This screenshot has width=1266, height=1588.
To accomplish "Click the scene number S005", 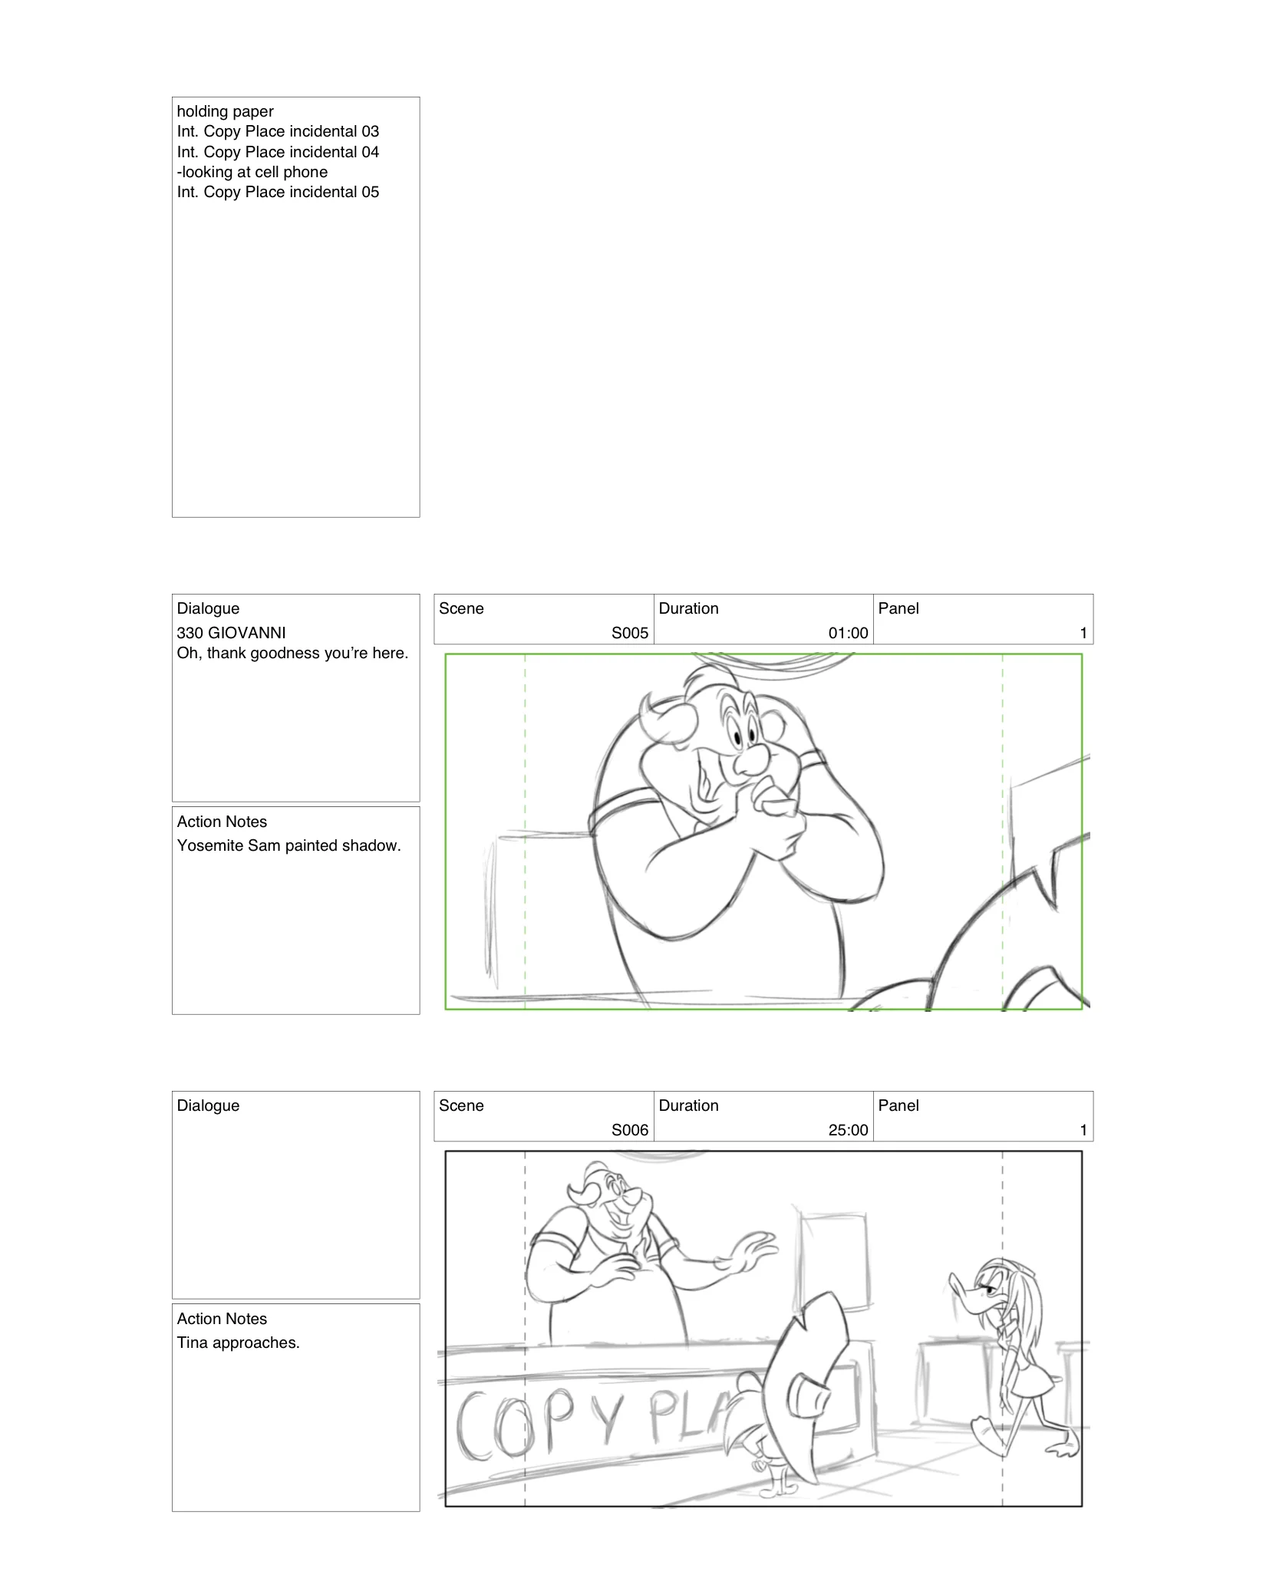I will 629,633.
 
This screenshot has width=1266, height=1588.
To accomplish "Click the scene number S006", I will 629,1130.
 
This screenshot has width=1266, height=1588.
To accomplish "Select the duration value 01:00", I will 848,633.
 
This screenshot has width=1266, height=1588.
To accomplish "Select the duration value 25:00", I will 848,1130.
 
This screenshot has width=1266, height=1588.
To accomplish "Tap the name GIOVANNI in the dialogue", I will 246,633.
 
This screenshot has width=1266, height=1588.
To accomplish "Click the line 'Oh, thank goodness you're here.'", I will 292,653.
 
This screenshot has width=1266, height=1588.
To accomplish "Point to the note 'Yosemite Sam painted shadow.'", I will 288,845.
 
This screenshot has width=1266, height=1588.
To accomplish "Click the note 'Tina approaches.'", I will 238,1343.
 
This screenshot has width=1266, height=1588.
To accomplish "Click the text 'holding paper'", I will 225,111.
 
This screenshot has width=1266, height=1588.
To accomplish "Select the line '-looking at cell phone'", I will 252,172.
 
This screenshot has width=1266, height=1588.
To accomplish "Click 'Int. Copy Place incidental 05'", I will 278,192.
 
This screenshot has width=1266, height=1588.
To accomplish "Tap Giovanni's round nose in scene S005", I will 752,761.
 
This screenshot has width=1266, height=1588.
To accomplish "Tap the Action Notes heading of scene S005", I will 222,822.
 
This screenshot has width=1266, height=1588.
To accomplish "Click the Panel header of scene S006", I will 898,1105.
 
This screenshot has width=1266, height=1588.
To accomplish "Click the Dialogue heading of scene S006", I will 208,1105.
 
